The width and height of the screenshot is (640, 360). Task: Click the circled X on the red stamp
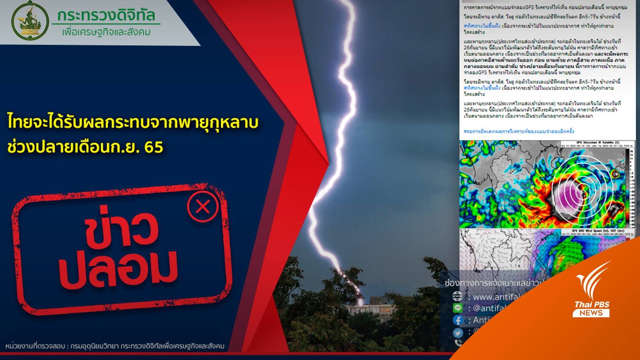[x=203, y=207]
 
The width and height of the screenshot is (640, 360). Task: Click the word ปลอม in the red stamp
[x=118, y=269]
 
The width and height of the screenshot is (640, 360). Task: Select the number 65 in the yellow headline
[x=154, y=147]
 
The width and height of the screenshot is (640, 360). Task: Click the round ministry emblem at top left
[x=30, y=21]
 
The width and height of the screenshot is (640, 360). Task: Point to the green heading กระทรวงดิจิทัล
[x=106, y=15]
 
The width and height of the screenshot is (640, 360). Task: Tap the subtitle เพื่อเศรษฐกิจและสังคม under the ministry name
[x=106, y=32]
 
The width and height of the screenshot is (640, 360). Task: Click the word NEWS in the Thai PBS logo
[x=591, y=313]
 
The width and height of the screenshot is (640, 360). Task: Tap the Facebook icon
[x=458, y=320]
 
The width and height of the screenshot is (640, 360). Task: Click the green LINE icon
[x=457, y=308]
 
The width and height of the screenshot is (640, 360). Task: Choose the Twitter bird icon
[x=457, y=333]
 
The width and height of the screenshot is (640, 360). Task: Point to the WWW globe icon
[x=457, y=296]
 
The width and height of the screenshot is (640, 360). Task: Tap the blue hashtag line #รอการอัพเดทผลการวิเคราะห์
[x=519, y=132]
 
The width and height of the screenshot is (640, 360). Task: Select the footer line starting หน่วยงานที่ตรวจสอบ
[x=115, y=346]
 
